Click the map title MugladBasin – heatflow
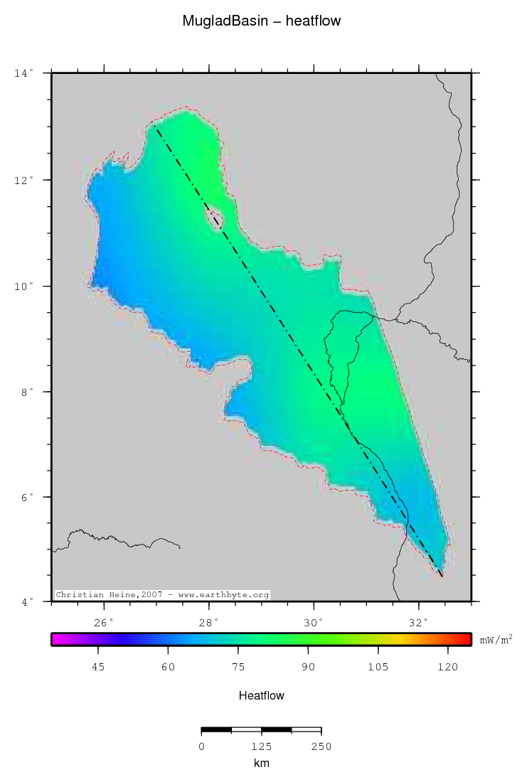(262, 21)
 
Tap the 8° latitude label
(26, 392)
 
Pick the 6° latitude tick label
(26, 497)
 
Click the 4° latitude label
(26, 602)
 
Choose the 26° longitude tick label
(105, 623)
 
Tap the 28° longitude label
(209, 623)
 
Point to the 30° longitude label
(314, 623)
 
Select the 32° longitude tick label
(419, 623)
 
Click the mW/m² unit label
(496, 640)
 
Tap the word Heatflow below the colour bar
(262, 695)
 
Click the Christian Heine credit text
(162, 594)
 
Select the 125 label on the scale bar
(262, 746)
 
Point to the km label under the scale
(262, 764)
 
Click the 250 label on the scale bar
(321, 746)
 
